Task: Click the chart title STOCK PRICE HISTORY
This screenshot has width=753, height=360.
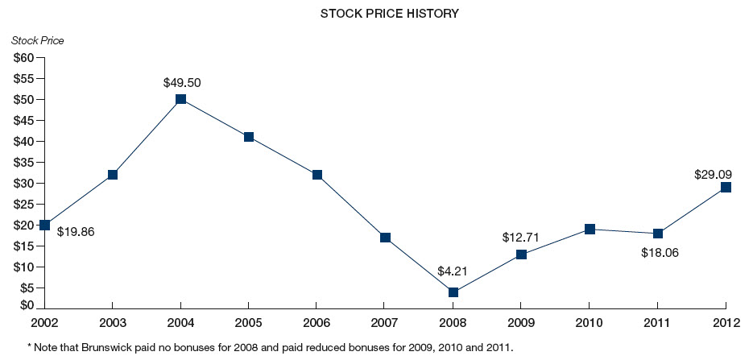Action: pos(378,14)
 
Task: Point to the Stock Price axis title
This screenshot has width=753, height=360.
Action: pos(38,40)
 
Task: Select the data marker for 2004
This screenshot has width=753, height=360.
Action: pos(180,99)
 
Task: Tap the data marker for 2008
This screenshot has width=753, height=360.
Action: pos(453,292)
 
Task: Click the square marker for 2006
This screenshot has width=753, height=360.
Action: pos(317,175)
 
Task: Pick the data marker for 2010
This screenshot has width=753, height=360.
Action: pos(590,230)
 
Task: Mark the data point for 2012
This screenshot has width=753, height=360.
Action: pos(726,187)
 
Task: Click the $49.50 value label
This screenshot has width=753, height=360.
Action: pos(180,82)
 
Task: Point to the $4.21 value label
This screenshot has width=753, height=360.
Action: pos(453,271)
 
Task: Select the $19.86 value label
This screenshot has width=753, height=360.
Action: pos(76,231)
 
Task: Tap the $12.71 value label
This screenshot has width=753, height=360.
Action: pos(521,237)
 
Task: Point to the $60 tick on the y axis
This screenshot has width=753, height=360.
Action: pos(23,58)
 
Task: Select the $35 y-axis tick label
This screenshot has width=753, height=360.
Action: pos(23,162)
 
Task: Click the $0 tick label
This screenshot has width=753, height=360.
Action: pos(26,305)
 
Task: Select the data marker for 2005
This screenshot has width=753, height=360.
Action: pos(249,137)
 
